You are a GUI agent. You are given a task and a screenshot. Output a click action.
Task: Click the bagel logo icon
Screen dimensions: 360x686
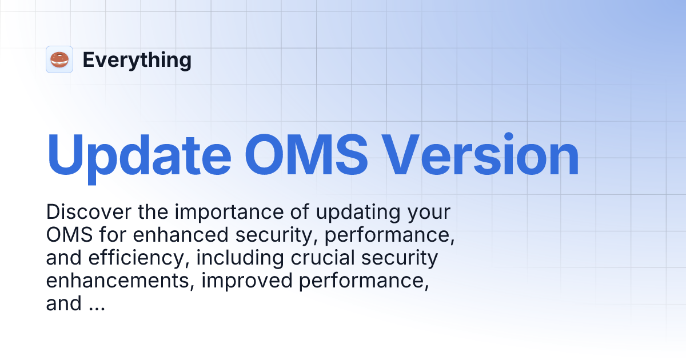click(59, 59)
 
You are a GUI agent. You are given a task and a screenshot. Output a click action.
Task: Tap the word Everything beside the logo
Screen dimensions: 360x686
click(137, 60)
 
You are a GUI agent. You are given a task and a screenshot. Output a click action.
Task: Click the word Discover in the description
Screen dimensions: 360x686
click(89, 213)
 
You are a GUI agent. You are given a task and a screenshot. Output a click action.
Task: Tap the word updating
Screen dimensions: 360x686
click(356, 213)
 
